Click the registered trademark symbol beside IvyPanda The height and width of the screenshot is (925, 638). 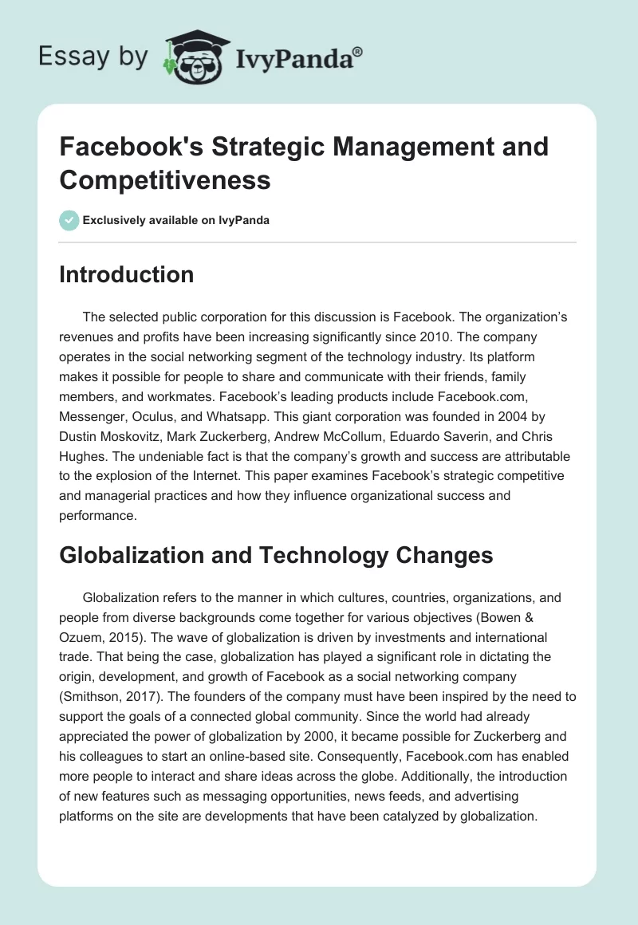(357, 51)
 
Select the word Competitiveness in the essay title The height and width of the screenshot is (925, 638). (165, 180)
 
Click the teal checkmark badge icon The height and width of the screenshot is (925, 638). (69, 220)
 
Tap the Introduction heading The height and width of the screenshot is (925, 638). (127, 274)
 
